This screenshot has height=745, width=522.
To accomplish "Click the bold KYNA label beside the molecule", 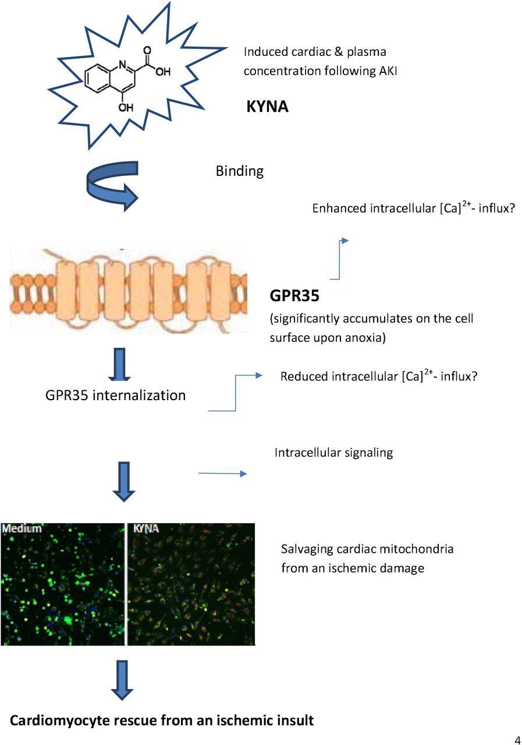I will (267, 107).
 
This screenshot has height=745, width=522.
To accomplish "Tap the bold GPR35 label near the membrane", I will (294, 296).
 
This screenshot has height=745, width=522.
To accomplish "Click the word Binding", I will (239, 171).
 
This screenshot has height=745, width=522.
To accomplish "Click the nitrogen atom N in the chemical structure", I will (123, 64).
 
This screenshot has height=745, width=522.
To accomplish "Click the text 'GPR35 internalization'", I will (115, 395).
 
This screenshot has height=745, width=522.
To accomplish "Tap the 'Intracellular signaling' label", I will (333, 453).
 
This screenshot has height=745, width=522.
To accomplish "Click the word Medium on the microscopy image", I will (22, 529).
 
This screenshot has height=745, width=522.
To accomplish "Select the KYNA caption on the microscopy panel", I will (146, 529).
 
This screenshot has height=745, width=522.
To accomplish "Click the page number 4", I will (517, 740).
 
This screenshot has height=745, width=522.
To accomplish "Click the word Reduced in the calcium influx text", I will (304, 376).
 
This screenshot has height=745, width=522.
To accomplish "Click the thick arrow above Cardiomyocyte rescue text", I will (122, 680).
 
